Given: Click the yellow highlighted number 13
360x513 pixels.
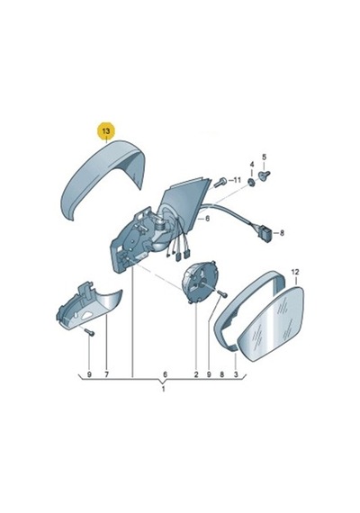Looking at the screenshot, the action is [x=106, y=131].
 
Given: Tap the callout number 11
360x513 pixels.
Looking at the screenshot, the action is [x=237, y=180].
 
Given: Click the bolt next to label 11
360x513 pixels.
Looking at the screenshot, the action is [x=220, y=182].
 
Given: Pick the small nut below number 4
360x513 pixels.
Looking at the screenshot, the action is [x=252, y=183].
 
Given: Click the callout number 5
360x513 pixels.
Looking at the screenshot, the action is [x=264, y=157].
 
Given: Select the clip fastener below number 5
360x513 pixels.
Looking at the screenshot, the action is [x=264, y=175].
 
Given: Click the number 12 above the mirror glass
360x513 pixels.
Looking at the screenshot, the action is [x=295, y=272].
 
